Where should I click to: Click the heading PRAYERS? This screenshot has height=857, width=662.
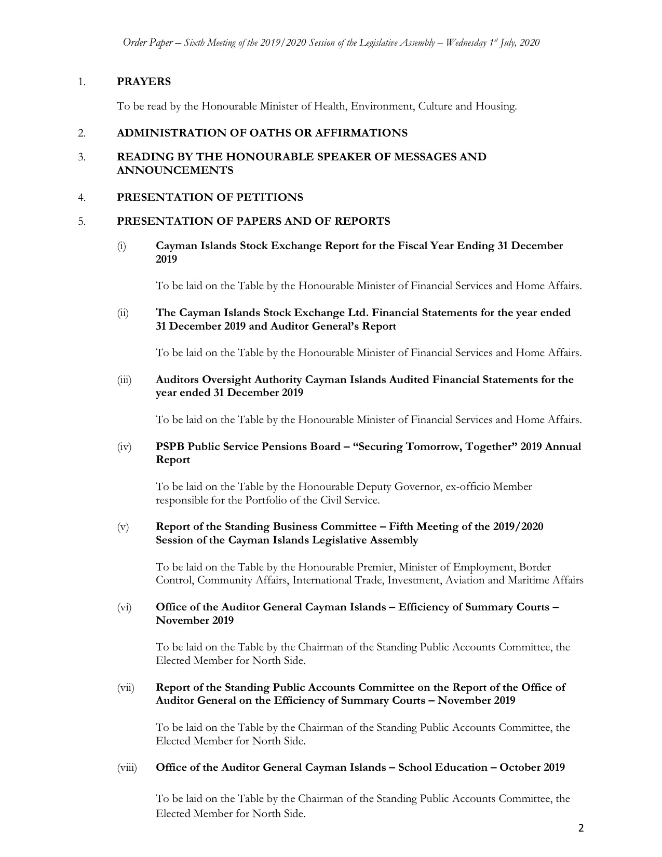[144, 81]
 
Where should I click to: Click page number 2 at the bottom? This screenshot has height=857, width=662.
[581, 828]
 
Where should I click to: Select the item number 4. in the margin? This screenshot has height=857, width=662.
[82, 197]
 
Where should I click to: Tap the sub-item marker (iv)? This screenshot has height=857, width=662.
[124, 447]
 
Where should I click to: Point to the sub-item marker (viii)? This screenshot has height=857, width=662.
[127, 768]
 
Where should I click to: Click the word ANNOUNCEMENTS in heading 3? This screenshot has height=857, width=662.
[175, 170]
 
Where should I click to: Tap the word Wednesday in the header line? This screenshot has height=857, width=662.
[463, 43]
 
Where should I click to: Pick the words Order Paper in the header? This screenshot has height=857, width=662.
[147, 43]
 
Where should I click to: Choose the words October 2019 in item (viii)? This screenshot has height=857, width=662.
[532, 767]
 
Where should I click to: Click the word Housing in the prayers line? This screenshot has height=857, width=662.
[498, 106]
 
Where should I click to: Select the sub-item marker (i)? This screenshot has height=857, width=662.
[121, 246]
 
